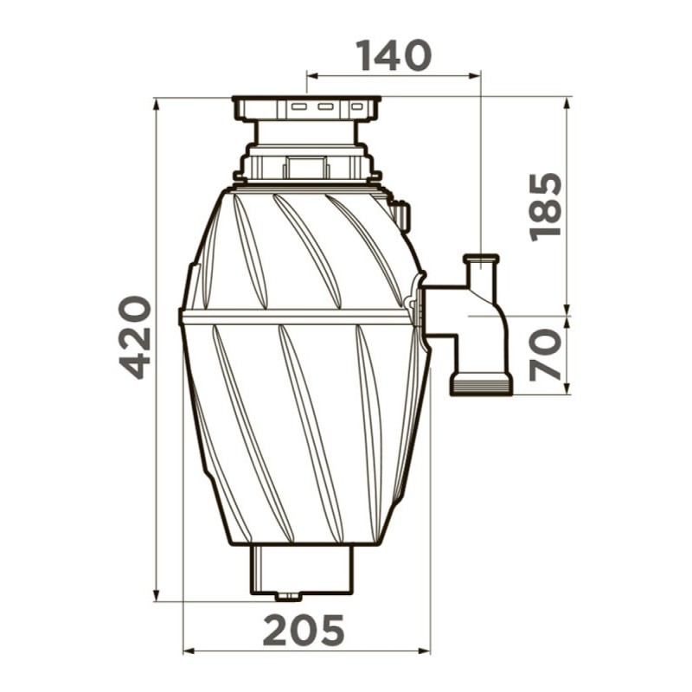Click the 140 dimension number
click(x=394, y=55)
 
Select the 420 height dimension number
click(x=136, y=337)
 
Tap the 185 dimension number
click(x=546, y=208)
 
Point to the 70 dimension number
click(x=546, y=355)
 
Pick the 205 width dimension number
click(x=304, y=631)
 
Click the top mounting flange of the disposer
click(x=306, y=107)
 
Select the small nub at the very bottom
click(x=289, y=597)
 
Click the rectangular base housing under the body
click(x=302, y=570)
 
